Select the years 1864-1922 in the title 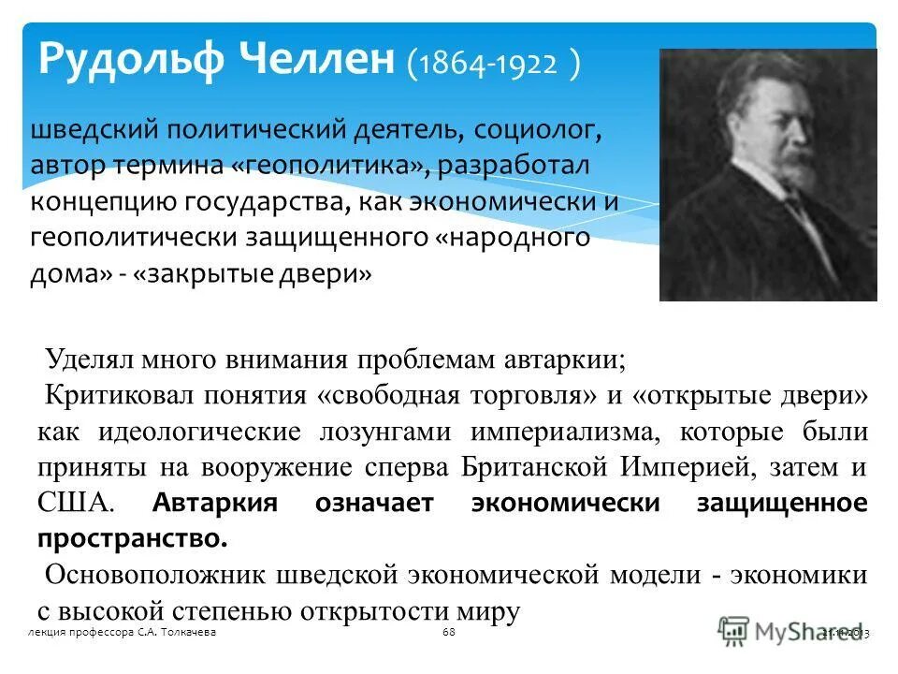pyautogui.click(x=495, y=65)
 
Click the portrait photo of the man pyautogui.click(x=767, y=175)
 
